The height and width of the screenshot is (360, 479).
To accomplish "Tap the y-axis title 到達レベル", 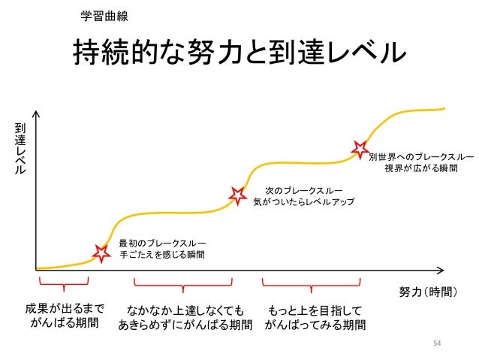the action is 20,150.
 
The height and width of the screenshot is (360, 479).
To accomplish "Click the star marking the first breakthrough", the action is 101,253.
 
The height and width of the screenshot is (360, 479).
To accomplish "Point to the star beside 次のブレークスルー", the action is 238,195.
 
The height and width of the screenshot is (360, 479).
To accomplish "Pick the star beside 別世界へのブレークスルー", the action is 360,149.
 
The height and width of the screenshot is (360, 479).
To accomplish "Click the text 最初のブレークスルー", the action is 161,242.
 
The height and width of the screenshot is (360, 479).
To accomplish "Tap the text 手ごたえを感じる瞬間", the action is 161,256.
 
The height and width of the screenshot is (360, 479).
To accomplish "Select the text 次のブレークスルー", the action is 303,189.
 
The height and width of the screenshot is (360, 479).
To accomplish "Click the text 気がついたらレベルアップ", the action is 303,203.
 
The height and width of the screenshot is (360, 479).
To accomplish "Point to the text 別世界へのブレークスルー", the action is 420,156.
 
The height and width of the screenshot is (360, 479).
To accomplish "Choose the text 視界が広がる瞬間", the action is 420,169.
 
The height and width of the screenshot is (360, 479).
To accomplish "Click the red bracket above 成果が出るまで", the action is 63,283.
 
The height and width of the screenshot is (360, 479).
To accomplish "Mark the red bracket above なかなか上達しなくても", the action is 182,283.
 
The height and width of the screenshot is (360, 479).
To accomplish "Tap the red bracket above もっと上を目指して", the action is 311,283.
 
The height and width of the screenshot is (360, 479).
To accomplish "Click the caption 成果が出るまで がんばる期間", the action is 63,316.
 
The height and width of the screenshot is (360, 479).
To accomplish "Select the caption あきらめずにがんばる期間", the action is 185,325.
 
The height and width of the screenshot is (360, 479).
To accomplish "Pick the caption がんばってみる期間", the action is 315,325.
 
